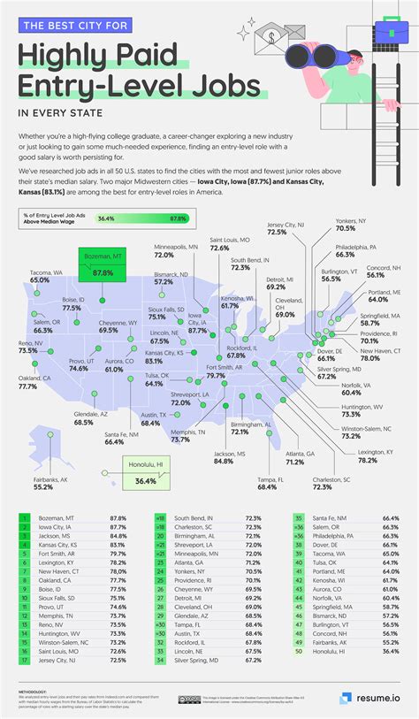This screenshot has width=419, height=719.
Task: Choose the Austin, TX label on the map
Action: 150,419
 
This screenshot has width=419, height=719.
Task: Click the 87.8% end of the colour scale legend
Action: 178,218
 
